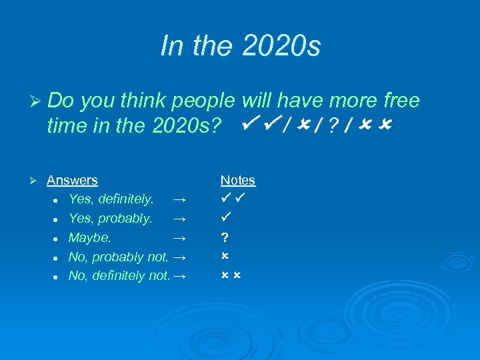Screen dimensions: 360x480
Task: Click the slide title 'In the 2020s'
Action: [240, 46]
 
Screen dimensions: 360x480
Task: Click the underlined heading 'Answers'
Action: [72, 180]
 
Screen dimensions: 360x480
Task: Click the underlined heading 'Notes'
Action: [238, 180]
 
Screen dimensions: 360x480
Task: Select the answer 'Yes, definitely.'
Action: [111, 199]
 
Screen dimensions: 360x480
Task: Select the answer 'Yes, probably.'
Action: [111, 219]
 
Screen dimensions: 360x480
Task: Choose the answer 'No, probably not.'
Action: [118, 257]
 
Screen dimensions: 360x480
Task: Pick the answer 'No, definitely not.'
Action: [119, 276]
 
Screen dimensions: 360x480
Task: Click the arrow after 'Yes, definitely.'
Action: [178, 199]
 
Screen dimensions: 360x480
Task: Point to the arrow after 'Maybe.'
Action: [178, 238]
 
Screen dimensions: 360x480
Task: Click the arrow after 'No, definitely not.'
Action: [178, 276]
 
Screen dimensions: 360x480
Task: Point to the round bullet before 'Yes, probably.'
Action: [58, 219]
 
